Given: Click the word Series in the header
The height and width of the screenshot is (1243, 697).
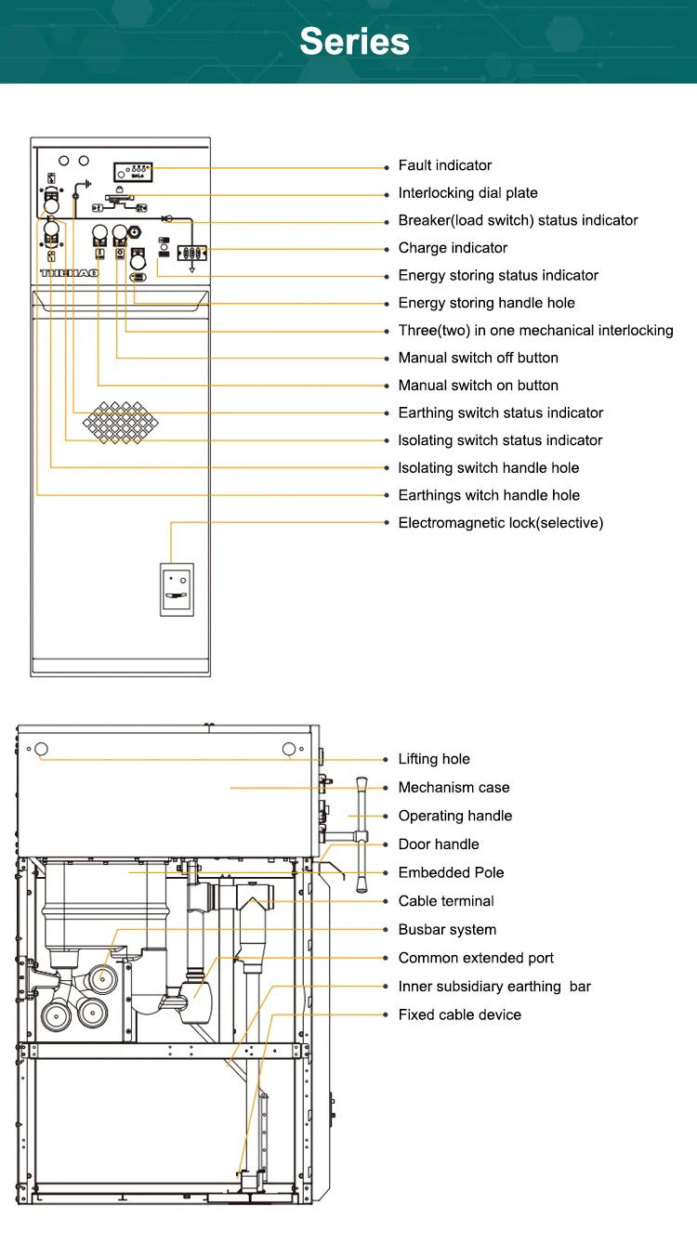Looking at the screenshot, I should tap(354, 42).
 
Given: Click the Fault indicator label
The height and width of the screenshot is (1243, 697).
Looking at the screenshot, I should tap(444, 165).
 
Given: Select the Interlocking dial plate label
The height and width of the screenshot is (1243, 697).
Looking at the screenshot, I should tap(467, 193).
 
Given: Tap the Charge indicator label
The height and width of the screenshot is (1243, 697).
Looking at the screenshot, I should tap(453, 248).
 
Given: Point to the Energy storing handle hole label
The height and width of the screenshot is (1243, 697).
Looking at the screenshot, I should tap(486, 303).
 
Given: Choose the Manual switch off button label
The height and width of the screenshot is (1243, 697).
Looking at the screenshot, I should tap(478, 358).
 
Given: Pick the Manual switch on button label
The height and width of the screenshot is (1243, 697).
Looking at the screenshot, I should tap(478, 386).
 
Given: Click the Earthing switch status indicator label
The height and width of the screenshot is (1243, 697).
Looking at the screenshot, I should tap(500, 412).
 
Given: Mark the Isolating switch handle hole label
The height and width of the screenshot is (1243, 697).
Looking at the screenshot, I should tap(488, 468).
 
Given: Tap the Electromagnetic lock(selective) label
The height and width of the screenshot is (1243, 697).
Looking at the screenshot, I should tap(500, 523).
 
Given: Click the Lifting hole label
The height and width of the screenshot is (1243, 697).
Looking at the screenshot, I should tap(434, 759).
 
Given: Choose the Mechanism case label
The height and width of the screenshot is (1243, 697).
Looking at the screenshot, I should tap(454, 788).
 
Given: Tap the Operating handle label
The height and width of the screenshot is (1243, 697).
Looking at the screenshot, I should tap(454, 816).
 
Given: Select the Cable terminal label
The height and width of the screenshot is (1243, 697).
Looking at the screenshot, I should tap(445, 901).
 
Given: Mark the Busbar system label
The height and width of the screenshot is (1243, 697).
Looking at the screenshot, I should tap(447, 930).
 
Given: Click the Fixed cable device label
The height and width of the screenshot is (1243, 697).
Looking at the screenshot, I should tap(459, 1014).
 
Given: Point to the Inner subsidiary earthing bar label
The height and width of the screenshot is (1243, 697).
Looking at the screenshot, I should tap(493, 987).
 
